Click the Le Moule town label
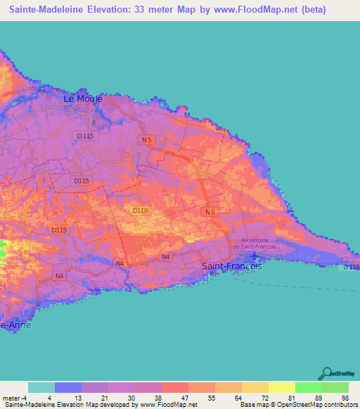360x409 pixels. (83, 99)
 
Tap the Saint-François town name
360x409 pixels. (232, 266)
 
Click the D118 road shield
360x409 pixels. (351, 268)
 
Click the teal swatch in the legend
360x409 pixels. (41, 387)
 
